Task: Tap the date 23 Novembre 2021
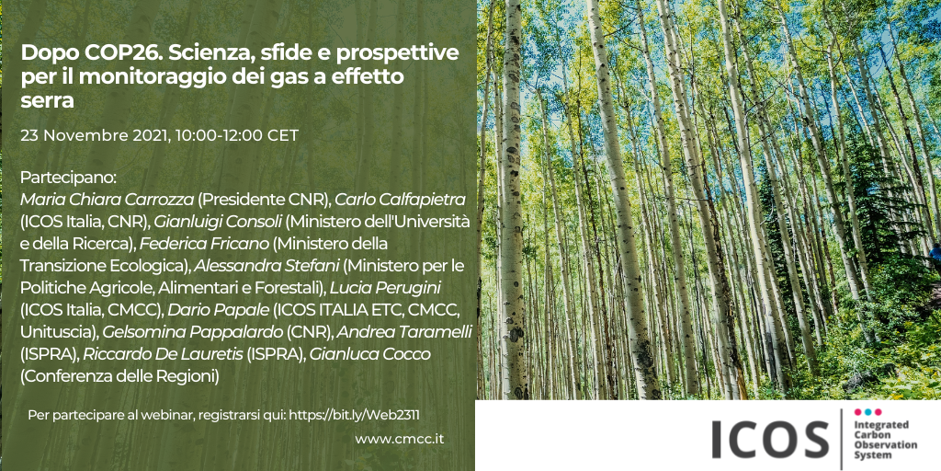(95, 136)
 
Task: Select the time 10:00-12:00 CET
(237, 136)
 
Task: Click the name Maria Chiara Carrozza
(107, 201)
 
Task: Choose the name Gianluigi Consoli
(218, 223)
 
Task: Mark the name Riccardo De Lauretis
(164, 354)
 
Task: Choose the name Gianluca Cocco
(369, 354)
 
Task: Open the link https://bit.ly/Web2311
(358, 415)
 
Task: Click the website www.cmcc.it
(399, 439)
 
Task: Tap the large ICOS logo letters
(770, 439)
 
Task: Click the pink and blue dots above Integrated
(867, 412)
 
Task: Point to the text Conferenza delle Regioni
(119, 376)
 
